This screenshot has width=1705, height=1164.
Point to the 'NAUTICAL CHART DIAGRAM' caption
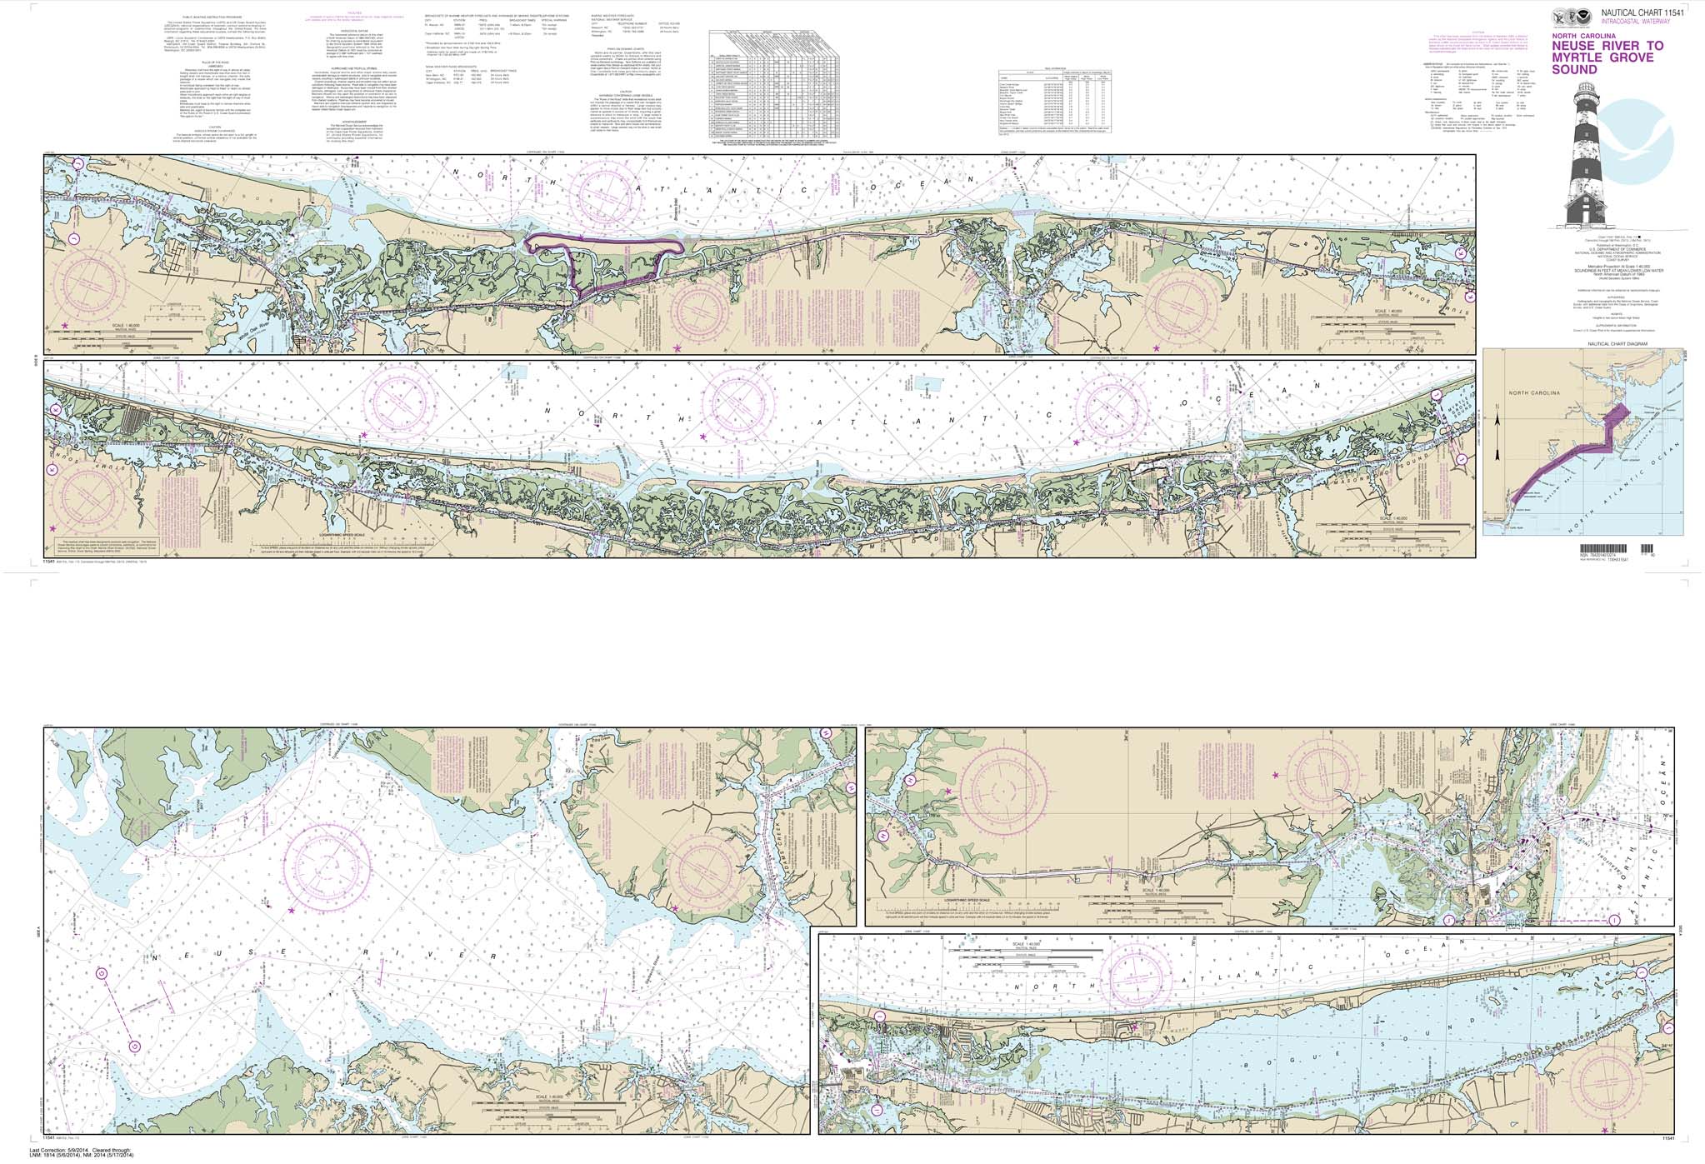(x=1549, y=343)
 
